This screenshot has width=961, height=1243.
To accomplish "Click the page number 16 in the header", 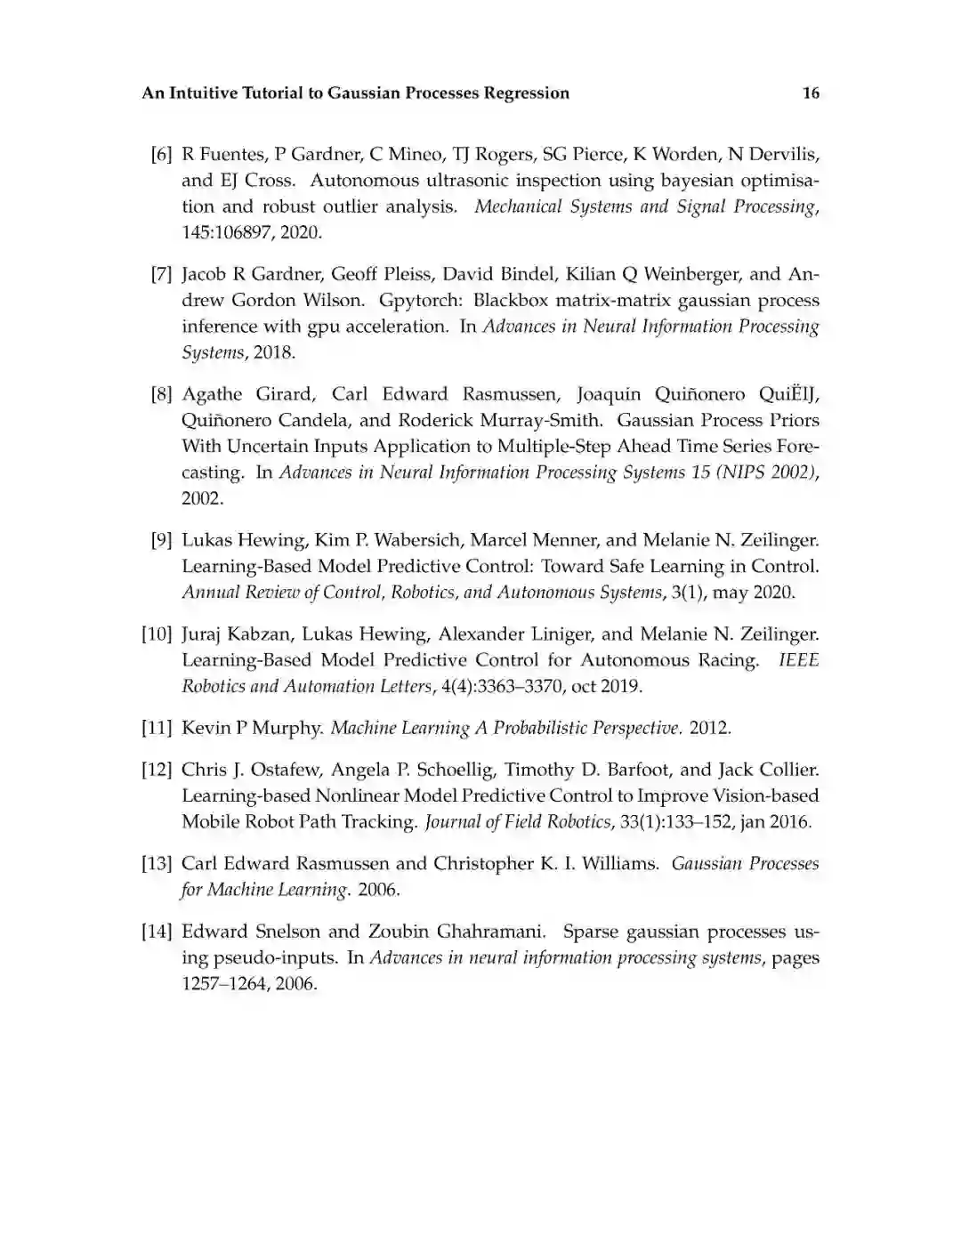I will [811, 93].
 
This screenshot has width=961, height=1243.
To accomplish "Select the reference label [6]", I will [161, 155].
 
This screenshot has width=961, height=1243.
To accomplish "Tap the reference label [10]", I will [157, 634].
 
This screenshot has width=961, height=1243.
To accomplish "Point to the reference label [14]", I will [157, 932].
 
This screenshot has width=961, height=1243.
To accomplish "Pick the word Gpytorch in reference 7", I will [420, 301].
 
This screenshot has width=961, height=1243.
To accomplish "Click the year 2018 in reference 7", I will [272, 352].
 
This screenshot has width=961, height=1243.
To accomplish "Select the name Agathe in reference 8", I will [212, 394].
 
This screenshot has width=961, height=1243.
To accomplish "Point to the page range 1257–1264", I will [222, 985].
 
